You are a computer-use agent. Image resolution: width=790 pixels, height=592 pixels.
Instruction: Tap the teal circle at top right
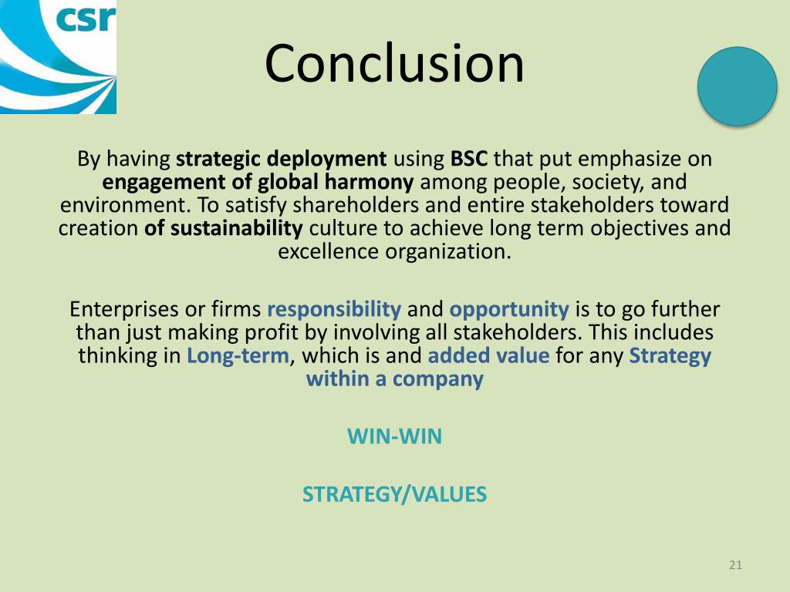[x=737, y=86]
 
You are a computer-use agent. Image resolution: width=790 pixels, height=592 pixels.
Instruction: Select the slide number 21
[x=734, y=566]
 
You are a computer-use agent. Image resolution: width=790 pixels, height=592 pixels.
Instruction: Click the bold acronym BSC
[x=469, y=160]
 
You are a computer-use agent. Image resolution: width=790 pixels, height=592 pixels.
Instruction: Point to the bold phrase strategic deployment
[x=282, y=160]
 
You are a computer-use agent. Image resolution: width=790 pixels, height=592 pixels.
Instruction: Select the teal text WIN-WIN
[x=394, y=437]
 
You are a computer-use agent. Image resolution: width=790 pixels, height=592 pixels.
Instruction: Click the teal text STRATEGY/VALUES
[x=394, y=494]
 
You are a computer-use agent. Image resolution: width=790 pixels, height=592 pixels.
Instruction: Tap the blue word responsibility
[x=333, y=310]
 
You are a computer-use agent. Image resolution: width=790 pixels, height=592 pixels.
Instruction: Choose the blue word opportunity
[x=508, y=310]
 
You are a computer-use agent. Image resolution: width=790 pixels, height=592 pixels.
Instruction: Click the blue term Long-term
[x=238, y=356]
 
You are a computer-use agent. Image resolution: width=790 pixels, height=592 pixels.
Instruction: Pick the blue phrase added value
[x=488, y=356]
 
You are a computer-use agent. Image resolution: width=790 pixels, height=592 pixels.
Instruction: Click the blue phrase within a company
[x=394, y=379]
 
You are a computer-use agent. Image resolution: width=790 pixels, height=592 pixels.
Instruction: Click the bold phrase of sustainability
[x=224, y=229]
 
